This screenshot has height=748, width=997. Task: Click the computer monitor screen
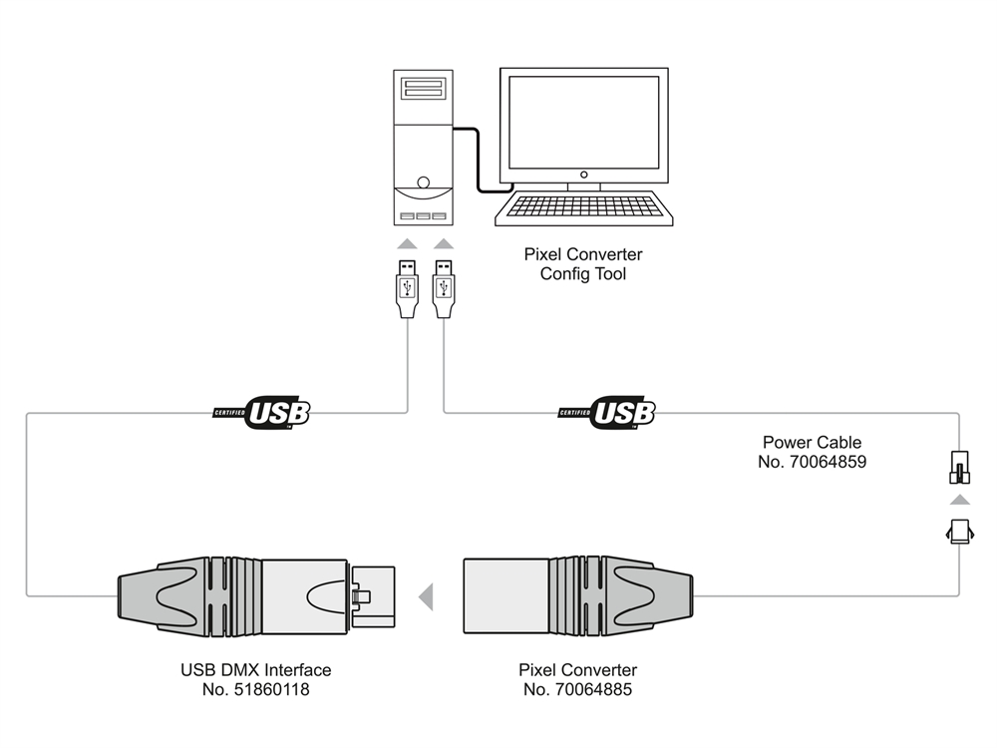[583, 122]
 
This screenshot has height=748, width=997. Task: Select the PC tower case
[424, 150]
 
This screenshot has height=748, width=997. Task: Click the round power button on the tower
[425, 184]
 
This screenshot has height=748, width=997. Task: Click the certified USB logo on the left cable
[263, 411]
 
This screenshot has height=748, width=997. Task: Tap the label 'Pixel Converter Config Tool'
[583, 264]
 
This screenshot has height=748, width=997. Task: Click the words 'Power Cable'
[812, 443]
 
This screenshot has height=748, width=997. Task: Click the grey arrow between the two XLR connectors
[426, 596]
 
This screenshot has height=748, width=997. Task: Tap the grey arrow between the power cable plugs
[958, 499]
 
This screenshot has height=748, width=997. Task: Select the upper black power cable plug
[958, 470]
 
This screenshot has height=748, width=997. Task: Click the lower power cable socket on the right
[958, 531]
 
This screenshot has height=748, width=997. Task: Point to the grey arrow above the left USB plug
[407, 243]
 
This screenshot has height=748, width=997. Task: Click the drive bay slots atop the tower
[424, 89]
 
